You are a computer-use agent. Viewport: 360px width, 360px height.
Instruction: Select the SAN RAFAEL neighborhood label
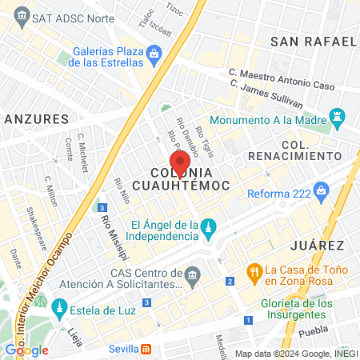[x=313, y=41]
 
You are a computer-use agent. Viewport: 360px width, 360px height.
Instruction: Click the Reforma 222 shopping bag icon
[x=322, y=190]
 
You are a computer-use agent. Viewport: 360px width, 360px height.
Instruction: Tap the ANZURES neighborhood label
[x=37, y=118]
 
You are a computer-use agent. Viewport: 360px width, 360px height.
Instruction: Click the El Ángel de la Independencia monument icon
[x=207, y=228]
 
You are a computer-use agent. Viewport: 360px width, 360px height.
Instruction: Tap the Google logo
[x=26, y=350]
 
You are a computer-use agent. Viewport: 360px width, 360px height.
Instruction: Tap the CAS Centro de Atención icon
[x=190, y=274]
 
